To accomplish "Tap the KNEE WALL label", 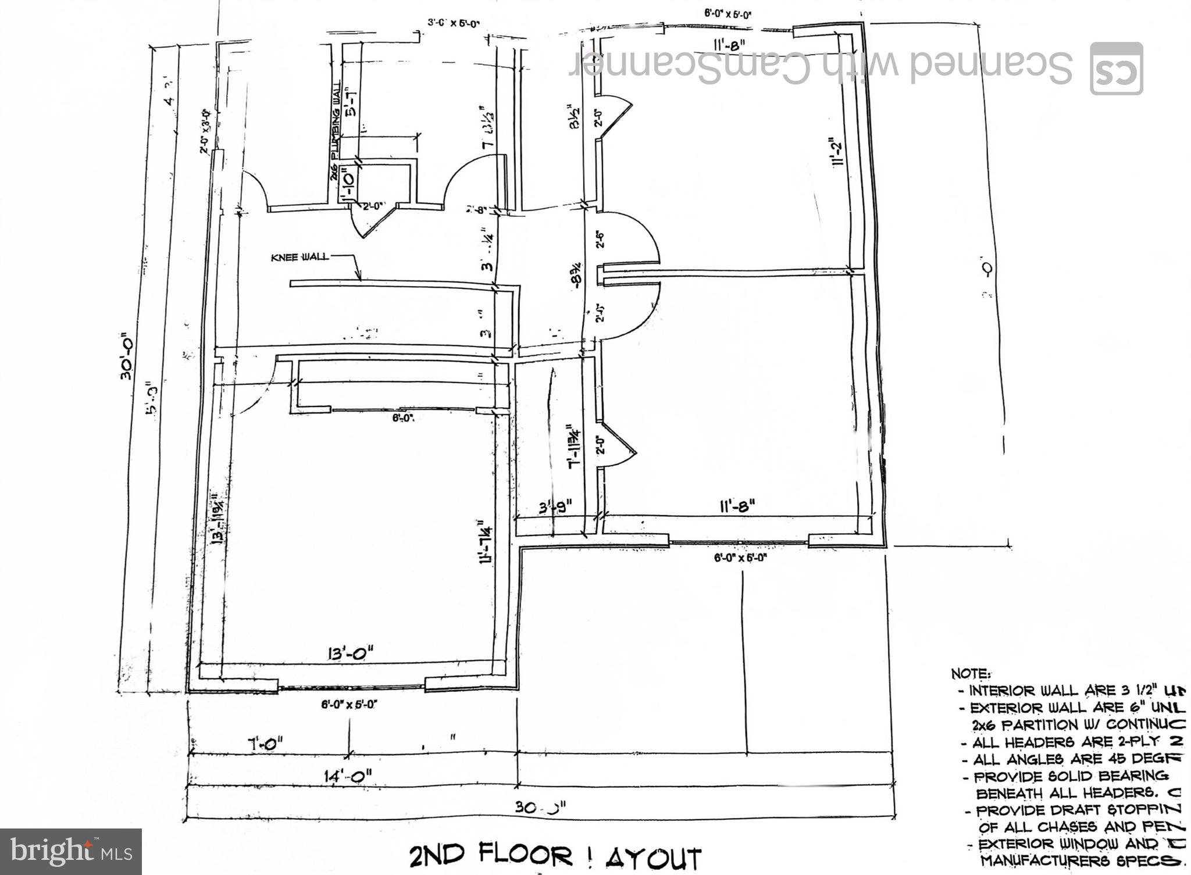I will (x=300, y=257).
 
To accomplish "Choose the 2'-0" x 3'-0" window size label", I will (x=204, y=131).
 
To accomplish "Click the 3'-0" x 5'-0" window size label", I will (x=453, y=24).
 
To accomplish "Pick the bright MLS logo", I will (x=71, y=852).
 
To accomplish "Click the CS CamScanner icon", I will (x=1116, y=69).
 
